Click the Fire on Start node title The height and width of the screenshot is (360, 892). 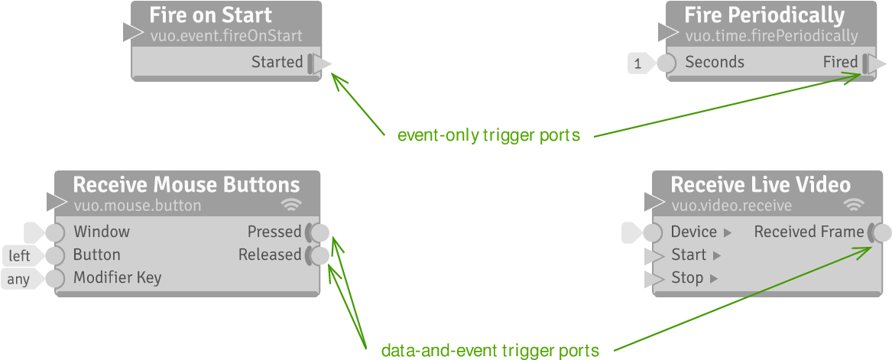(210, 15)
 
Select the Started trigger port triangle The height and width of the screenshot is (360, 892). (322, 63)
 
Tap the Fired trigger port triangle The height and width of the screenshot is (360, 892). (877, 63)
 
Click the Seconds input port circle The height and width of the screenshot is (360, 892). (667, 63)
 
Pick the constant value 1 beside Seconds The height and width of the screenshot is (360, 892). (639, 63)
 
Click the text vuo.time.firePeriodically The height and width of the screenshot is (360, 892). (771, 36)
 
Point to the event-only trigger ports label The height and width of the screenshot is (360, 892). (488, 136)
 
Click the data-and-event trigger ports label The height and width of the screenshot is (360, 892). (490, 351)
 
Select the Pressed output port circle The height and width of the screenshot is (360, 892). (320, 232)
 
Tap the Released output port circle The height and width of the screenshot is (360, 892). (320, 255)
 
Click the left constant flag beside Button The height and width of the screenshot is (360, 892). (21, 256)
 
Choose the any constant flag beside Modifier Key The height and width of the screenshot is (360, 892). (19, 279)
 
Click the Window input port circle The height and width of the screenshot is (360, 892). (55, 232)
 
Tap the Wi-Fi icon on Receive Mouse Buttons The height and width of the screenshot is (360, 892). (291, 205)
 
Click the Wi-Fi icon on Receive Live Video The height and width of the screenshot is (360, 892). (854, 205)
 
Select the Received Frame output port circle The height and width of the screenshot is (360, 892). (881, 232)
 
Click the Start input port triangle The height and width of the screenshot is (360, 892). (654, 255)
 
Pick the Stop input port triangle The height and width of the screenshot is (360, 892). (654, 278)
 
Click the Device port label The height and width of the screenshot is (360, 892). (693, 232)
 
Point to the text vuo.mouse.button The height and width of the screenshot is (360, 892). (138, 205)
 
